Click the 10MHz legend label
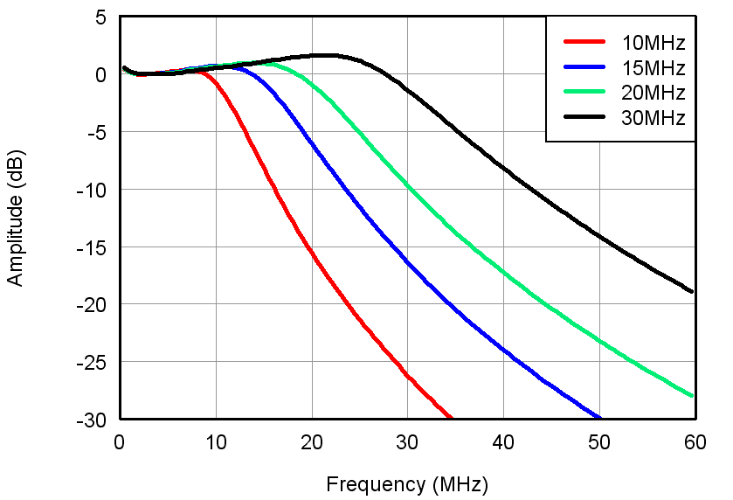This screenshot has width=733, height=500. click(653, 42)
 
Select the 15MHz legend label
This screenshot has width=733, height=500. click(653, 67)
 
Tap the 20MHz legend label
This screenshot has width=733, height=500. click(653, 93)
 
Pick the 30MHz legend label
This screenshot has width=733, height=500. click(653, 117)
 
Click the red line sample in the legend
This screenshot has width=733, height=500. click(584, 41)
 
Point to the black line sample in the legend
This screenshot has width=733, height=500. click(584, 117)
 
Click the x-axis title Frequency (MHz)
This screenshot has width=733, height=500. click(407, 483)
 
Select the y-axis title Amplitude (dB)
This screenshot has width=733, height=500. click(16, 218)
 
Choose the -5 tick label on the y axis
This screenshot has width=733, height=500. click(98, 133)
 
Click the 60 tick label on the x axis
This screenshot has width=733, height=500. click(695, 442)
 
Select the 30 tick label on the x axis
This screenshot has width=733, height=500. click(407, 442)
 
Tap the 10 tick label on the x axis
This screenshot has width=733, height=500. click(216, 442)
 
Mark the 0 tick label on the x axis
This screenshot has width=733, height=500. click(121, 442)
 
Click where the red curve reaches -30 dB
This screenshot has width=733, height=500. click(451, 418)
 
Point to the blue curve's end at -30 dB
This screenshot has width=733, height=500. click(600, 418)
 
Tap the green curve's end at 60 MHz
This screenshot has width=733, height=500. click(694, 396)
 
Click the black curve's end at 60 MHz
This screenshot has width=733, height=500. click(694, 292)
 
